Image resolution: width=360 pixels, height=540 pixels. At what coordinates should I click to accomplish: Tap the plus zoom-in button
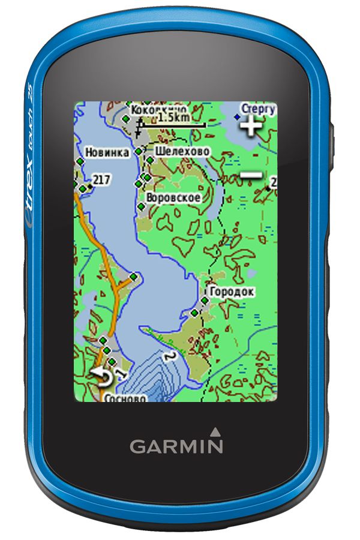[x=251, y=126]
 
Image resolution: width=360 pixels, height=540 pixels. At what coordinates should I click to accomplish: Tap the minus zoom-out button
[x=251, y=175]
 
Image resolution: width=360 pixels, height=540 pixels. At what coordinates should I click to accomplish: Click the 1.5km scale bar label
[x=173, y=118]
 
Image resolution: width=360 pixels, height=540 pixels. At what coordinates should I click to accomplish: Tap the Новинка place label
[x=107, y=152]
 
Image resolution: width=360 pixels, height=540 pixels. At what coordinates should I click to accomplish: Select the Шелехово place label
[x=182, y=151]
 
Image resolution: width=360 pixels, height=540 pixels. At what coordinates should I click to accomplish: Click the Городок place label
[x=232, y=292]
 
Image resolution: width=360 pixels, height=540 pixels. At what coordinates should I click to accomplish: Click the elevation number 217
[x=102, y=179]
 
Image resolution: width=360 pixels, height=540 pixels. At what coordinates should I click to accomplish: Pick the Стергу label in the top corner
[x=259, y=109]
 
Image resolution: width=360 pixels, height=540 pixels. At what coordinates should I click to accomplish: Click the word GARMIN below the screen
[x=176, y=446]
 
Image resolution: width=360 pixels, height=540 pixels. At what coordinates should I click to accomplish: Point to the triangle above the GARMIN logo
[x=215, y=430]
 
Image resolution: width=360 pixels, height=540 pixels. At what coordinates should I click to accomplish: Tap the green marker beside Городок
[x=205, y=299]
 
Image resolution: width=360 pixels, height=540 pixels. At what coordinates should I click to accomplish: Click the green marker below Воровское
[x=141, y=207]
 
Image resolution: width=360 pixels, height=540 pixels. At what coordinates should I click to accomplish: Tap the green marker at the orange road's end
[x=133, y=277]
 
